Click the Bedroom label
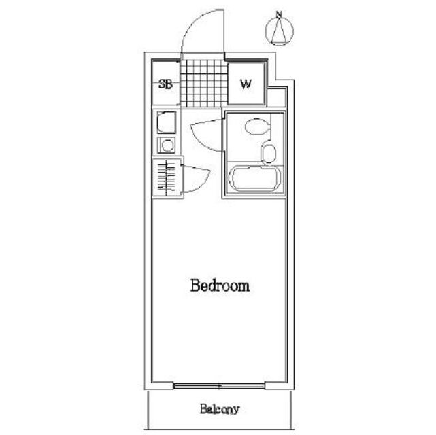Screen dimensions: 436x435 point(220,285)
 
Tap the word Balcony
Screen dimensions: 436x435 point(220,409)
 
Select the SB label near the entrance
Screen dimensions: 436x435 point(165,84)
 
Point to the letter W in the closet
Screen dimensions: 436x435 point(246,84)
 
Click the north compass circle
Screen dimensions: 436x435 point(280,31)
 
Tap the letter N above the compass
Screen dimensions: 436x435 point(279,14)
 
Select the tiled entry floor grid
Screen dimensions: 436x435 point(204,84)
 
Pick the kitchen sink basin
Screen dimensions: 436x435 point(166,122)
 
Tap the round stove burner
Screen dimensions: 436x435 point(167,145)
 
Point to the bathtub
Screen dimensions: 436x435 point(254,178)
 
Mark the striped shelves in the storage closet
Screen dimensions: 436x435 point(167,177)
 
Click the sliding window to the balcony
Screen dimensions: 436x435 point(219,386)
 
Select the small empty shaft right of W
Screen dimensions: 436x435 point(276,97)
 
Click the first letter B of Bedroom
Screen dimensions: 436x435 point(195,285)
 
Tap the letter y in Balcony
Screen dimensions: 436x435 point(236,411)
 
